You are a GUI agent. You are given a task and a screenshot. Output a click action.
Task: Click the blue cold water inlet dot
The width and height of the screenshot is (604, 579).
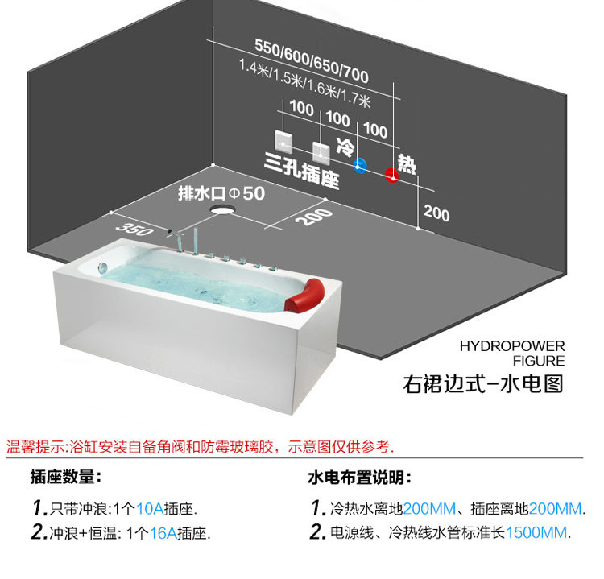point(360,166)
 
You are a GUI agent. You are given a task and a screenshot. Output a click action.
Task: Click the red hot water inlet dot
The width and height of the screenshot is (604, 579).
point(391,175)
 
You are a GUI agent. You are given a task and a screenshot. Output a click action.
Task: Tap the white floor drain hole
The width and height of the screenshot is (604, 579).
point(222,209)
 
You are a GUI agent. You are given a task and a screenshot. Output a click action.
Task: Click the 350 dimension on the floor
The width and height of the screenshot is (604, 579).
point(134,229)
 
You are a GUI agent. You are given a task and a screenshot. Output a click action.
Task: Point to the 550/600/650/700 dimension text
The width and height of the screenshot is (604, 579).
point(311,61)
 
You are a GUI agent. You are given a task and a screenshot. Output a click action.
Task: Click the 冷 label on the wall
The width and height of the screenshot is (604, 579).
point(345,147)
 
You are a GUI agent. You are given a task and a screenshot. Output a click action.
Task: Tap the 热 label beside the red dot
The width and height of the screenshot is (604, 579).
point(407,164)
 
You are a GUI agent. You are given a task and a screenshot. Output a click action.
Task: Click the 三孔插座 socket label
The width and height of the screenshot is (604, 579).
point(302,170)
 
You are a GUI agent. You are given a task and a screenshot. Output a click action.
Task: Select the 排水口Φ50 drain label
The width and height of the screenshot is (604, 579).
point(221,193)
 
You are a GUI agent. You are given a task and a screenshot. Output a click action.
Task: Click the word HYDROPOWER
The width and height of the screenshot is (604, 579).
point(512,346)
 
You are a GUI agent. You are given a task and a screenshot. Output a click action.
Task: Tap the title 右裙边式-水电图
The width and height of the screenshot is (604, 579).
point(483,383)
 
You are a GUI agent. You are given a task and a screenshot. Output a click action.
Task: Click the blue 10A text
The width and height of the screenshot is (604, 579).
point(151,508)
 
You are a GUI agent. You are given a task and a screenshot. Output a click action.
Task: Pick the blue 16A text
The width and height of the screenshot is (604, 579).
point(163,533)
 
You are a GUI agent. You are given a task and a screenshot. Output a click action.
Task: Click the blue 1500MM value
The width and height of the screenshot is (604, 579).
point(536,532)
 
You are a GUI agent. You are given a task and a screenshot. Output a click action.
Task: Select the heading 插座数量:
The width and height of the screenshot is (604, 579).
point(66,477)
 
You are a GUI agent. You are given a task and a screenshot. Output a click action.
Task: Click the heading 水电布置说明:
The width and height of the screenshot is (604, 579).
point(360,478)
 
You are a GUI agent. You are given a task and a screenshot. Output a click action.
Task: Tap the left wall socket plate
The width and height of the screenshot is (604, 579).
point(283,142)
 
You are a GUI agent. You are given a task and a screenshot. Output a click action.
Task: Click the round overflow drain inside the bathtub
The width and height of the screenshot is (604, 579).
point(102,267)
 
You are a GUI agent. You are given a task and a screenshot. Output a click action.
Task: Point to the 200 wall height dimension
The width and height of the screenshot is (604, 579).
point(436,213)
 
